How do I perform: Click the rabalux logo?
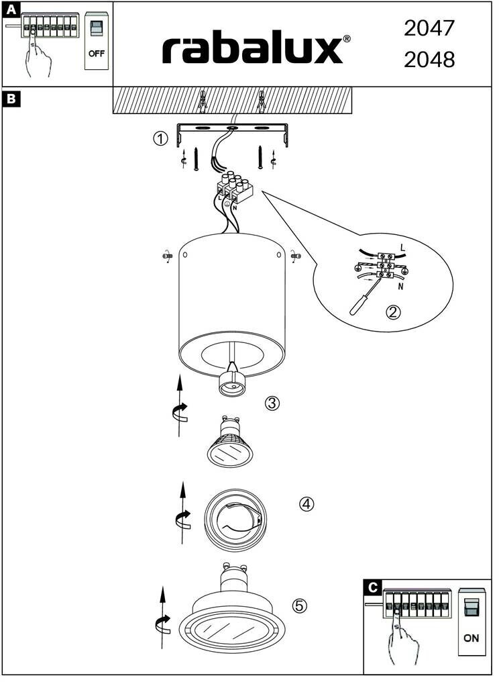pyautogui.click(x=256, y=50)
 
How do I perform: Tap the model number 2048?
pyautogui.click(x=429, y=60)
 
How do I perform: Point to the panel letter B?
pyautogui.click(x=11, y=99)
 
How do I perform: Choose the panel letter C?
pyautogui.click(x=372, y=588)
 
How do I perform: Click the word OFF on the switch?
pyautogui.click(x=97, y=54)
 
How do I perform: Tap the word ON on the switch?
pyautogui.click(x=472, y=638)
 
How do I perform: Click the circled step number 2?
pyautogui.click(x=394, y=311)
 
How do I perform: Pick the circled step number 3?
pyautogui.click(x=272, y=403)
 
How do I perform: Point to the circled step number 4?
pyautogui.click(x=307, y=504)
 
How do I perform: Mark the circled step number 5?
pyautogui.click(x=300, y=605)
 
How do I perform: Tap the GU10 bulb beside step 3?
pyautogui.click(x=230, y=442)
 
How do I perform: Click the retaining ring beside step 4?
pyautogui.click(x=235, y=520)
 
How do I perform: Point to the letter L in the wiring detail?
pyautogui.click(x=402, y=248)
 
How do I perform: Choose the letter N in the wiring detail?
pyautogui.click(x=400, y=287)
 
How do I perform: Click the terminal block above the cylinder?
pyautogui.click(x=235, y=187)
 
